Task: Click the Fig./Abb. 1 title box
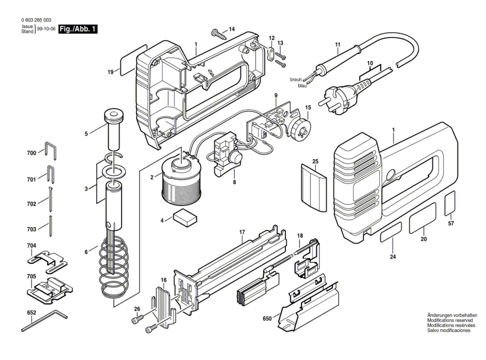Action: (x=78, y=29)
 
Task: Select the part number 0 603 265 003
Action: (x=36, y=20)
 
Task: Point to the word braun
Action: (x=296, y=79)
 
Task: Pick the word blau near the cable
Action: (x=302, y=86)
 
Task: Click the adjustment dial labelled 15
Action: (x=300, y=130)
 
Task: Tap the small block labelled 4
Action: (x=185, y=218)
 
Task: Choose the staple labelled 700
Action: (x=51, y=151)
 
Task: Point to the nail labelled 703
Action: (x=51, y=226)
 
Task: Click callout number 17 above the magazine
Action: (x=242, y=232)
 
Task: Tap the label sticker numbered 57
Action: (x=450, y=203)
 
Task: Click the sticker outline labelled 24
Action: (x=391, y=232)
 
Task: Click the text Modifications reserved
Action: (x=450, y=320)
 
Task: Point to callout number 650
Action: (x=267, y=318)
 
